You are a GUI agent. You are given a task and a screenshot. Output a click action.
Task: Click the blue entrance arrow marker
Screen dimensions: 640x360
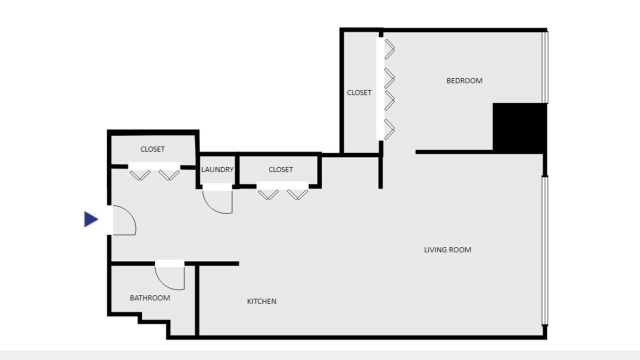[x=91, y=219]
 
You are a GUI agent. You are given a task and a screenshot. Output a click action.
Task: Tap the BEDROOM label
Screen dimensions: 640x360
[x=464, y=81]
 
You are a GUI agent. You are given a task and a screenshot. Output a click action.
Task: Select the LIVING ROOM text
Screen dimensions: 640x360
[x=447, y=250]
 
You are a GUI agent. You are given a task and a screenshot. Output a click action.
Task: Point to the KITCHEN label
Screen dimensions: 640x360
[x=261, y=301]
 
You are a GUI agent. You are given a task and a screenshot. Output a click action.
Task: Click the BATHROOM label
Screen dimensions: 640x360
[x=149, y=298]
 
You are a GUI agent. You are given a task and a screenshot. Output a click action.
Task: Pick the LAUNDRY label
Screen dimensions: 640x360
[x=217, y=169]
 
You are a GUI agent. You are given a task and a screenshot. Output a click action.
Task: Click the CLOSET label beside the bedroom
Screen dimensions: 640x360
[x=359, y=92]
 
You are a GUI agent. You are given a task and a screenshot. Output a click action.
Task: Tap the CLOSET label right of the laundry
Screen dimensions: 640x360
[x=280, y=169]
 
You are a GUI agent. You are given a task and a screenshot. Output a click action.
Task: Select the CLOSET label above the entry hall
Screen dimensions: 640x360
[x=152, y=149]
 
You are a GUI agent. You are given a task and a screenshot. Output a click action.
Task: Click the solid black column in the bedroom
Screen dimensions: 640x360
[x=519, y=128]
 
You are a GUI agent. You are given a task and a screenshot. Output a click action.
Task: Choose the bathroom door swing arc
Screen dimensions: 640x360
[x=164, y=282]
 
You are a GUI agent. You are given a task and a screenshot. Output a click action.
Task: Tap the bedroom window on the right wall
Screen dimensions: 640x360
[x=545, y=67]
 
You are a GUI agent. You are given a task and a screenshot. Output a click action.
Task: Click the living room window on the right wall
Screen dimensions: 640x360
[x=545, y=251]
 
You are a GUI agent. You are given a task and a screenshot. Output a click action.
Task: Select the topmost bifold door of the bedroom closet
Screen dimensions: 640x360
[x=389, y=49]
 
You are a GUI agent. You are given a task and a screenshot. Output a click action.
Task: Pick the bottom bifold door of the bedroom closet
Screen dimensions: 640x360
[x=389, y=129]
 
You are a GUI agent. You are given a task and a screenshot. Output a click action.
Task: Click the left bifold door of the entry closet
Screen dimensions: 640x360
[x=140, y=175]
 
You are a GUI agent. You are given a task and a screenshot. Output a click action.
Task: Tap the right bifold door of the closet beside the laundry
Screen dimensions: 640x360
[x=297, y=194]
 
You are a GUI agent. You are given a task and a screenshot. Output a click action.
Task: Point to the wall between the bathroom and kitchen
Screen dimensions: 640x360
[x=197, y=300]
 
